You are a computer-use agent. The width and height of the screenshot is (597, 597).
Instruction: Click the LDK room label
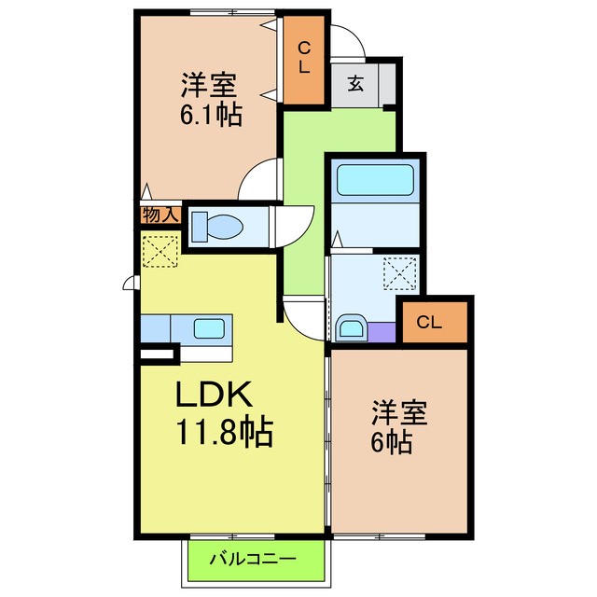[215, 396]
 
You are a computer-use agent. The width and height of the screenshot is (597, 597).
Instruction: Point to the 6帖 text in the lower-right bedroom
[392, 439]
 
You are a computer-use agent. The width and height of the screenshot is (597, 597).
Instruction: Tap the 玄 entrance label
[357, 83]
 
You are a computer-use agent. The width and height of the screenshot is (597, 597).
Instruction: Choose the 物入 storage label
[160, 215]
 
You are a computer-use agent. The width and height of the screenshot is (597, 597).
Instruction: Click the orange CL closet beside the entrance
[305, 59]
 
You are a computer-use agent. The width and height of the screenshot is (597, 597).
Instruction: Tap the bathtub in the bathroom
[373, 181]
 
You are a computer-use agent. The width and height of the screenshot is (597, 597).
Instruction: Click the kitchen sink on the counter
[207, 328]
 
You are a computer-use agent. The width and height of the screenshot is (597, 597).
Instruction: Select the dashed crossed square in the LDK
[160, 250]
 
